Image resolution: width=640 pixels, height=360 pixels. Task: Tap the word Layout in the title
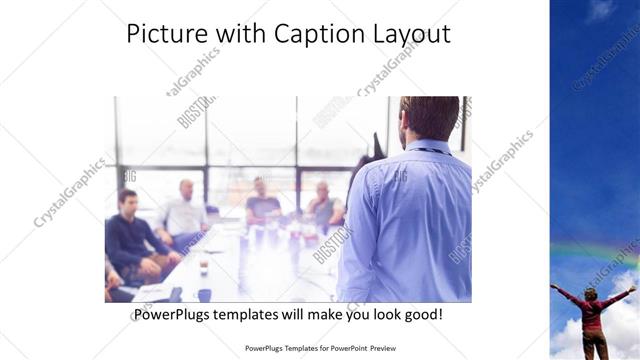tap(409, 34)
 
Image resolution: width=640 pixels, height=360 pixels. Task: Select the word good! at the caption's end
tap(422, 315)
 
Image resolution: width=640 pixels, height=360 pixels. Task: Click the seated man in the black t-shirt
tap(263, 202)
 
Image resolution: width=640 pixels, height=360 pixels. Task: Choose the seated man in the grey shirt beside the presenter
tap(323, 206)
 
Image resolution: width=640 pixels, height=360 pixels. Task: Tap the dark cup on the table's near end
tap(204, 293)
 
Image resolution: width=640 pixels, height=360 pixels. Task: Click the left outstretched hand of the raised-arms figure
tap(554, 286)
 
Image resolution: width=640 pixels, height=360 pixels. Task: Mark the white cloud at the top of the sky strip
tap(601, 10)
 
